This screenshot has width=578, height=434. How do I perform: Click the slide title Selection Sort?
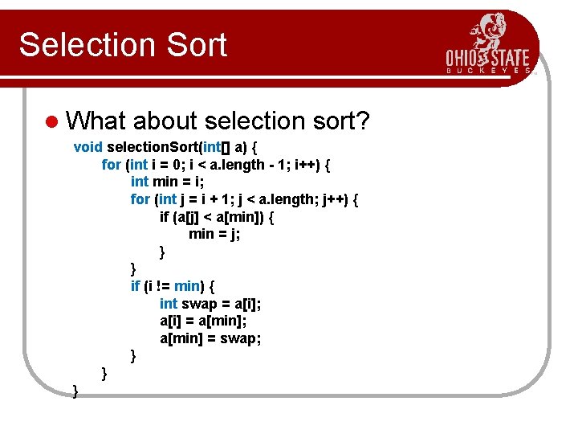(x=123, y=45)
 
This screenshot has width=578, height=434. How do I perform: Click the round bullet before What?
(x=52, y=121)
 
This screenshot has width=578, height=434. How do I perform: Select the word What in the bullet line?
(x=97, y=121)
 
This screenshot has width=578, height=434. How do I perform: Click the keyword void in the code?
(x=88, y=147)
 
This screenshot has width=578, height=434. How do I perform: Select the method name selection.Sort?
(x=153, y=147)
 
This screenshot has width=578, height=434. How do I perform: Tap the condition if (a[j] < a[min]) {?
(x=217, y=217)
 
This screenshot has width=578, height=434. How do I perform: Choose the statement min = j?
(x=214, y=234)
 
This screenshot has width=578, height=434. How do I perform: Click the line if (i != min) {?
(x=173, y=286)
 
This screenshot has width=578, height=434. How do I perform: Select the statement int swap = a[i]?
(x=210, y=303)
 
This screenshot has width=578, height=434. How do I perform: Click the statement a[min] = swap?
(x=210, y=338)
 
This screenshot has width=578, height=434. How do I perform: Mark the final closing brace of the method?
(x=75, y=391)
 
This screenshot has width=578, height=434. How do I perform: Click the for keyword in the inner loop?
(x=140, y=199)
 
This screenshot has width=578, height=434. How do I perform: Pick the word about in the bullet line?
(x=165, y=121)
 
